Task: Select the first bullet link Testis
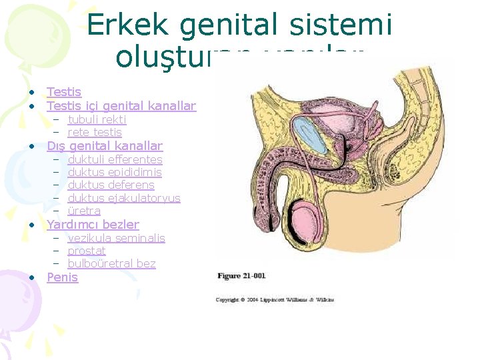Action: [64, 93]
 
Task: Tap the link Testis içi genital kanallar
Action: [121, 106]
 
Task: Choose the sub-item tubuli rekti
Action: [97, 119]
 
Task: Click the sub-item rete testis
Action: [95, 132]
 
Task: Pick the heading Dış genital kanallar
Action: [105, 146]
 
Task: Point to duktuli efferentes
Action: [115, 159]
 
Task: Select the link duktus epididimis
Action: [115, 172]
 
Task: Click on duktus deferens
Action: [111, 185]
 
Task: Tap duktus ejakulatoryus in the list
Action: [124, 198]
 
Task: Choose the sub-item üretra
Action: [84, 211]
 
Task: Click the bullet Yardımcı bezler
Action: [93, 225]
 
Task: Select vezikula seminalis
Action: [116, 238]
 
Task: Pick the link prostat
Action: [87, 251]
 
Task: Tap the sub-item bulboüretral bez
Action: [111, 263]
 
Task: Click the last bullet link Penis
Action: [62, 277]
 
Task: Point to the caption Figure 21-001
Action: [241, 275]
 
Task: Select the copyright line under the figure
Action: [274, 300]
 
